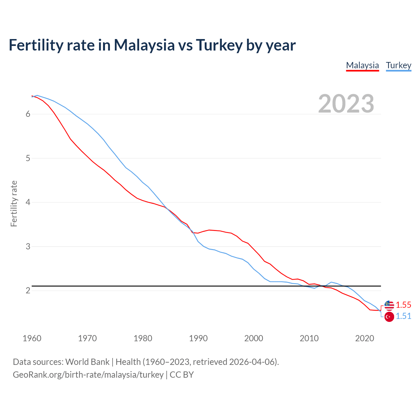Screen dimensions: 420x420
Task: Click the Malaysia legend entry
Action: coord(362,65)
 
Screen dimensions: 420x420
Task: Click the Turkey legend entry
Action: coord(398,65)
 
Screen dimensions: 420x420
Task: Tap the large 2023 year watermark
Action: coord(346,104)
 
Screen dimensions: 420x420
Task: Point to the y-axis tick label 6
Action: coord(28,114)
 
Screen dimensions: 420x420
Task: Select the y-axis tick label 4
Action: coord(28,202)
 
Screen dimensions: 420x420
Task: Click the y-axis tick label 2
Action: coord(28,290)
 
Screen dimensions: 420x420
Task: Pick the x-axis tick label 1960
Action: coord(32,338)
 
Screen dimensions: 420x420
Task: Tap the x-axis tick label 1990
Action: coord(198,338)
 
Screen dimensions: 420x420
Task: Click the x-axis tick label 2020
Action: coord(365,338)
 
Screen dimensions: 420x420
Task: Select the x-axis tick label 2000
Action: coord(254,338)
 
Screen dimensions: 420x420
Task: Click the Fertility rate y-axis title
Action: coord(14,203)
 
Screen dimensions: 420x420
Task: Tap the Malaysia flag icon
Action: coord(389,305)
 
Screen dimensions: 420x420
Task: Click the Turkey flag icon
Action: coord(389,317)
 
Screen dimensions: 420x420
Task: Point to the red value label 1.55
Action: coord(403,305)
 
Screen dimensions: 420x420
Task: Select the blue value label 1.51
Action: coord(403,316)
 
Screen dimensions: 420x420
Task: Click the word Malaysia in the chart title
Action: coord(144,45)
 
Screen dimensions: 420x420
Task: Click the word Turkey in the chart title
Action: coord(219,45)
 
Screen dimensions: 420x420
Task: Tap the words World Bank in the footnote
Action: coord(87,362)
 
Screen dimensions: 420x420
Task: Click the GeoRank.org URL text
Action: coord(88,375)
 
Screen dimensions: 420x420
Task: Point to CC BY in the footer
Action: coord(181,375)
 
